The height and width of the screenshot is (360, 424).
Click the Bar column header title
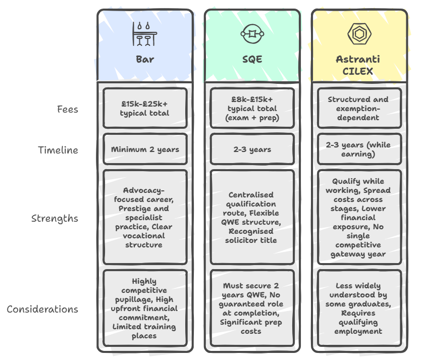pyautogui.click(x=145, y=59)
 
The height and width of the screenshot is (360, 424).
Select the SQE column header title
pyautogui.click(x=252, y=59)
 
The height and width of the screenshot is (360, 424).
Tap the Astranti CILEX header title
pyautogui.click(x=358, y=65)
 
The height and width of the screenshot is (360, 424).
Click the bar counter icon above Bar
pyautogui.click(x=145, y=34)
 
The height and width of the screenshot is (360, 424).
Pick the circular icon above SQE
pyautogui.click(x=252, y=34)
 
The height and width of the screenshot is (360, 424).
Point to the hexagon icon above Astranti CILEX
pyautogui.click(x=358, y=34)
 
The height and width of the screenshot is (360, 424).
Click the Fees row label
pyautogui.click(x=68, y=109)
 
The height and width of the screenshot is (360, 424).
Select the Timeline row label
pyautogui.click(x=58, y=150)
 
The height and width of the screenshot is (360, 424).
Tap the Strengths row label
pyautogui.click(x=55, y=219)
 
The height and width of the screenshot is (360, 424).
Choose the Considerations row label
pyautogui.click(x=42, y=309)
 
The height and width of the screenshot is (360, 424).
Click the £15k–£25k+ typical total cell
pyautogui.click(x=145, y=108)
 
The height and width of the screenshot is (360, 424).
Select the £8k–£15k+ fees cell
pyautogui.click(x=252, y=109)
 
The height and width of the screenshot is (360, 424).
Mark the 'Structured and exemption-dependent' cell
pyautogui.click(x=358, y=109)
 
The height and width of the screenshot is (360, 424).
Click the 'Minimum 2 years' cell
pyautogui.click(x=145, y=149)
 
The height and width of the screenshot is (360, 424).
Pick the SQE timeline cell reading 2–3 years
pyautogui.click(x=252, y=149)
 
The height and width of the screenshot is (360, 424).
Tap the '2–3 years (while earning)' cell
pyautogui.click(x=358, y=149)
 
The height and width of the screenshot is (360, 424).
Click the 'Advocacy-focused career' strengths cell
pyautogui.click(x=145, y=218)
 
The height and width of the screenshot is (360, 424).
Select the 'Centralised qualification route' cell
pyautogui.click(x=252, y=218)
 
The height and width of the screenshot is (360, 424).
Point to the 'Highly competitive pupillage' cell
pyautogui.click(x=145, y=308)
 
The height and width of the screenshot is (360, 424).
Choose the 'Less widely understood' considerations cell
pyautogui.click(x=358, y=308)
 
